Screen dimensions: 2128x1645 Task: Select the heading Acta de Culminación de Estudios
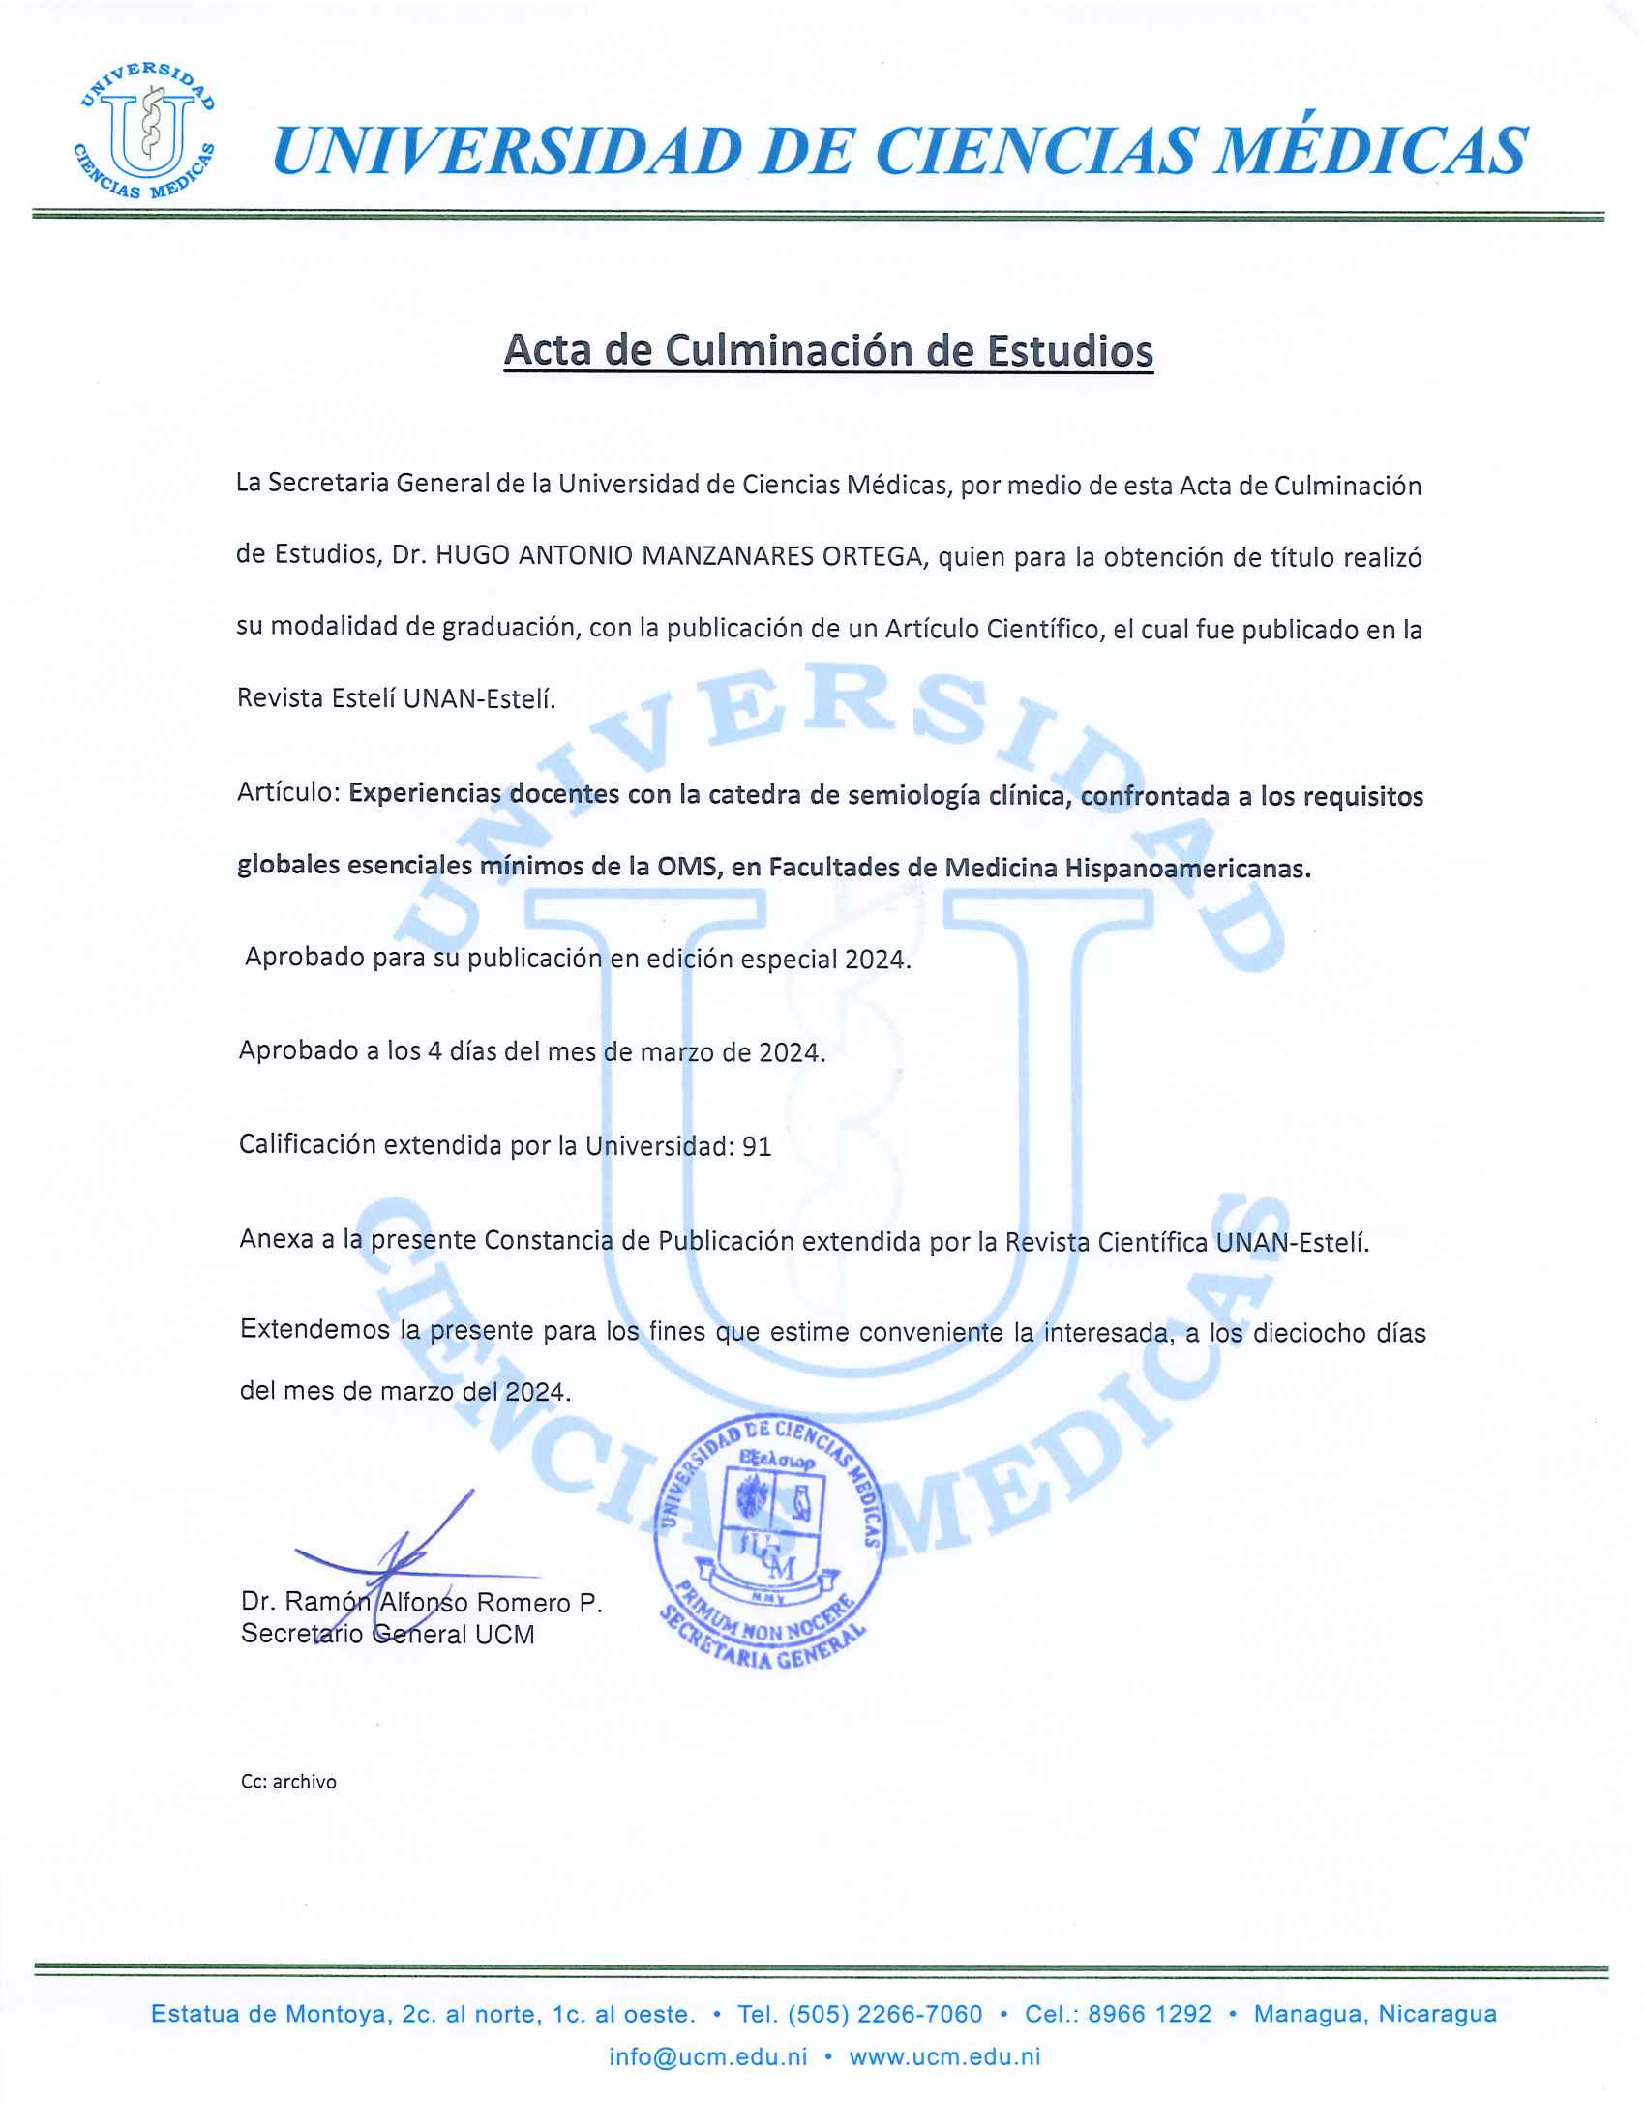828,351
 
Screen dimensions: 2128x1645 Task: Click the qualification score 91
757,1147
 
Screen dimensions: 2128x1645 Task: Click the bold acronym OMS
687,867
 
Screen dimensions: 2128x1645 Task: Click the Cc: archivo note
288,1781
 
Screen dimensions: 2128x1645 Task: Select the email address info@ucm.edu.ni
708,2056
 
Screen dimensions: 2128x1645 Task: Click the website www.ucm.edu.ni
944,2056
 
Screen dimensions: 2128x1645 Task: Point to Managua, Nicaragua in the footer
1374,2014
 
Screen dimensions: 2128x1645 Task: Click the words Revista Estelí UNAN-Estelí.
396,698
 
